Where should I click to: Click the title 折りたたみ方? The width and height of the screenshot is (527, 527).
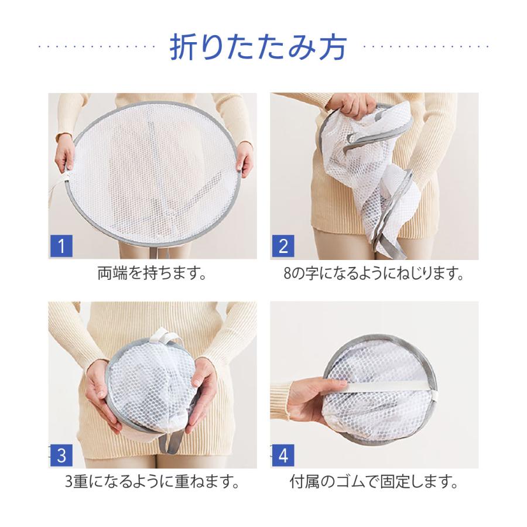point(258,47)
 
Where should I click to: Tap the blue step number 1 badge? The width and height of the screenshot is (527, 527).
point(61,245)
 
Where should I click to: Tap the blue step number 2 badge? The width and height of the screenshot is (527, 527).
point(283,245)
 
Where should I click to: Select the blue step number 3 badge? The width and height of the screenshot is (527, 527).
point(61,454)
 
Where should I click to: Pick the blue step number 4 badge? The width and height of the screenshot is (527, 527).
point(283,454)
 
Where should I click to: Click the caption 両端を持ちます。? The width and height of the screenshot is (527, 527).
point(152,273)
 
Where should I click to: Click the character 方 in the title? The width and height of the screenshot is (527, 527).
point(331,47)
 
